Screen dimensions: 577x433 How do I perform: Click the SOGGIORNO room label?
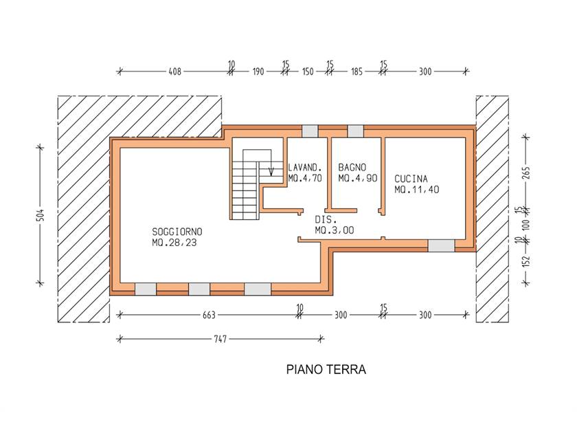tap(177, 232)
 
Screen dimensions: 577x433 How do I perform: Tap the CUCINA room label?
tap(411, 179)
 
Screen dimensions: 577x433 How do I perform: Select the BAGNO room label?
tap(352, 168)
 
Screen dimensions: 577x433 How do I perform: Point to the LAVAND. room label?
tap(302, 168)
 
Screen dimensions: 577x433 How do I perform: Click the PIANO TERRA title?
tap(326, 369)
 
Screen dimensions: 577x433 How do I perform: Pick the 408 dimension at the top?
tap(174, 71)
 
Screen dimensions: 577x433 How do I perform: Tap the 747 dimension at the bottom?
tap(220, 339)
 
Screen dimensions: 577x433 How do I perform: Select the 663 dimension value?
tap(209, 315)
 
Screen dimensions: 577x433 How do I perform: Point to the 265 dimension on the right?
tap(526, 173)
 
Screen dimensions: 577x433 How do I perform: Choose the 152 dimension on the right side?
tap(526, 261)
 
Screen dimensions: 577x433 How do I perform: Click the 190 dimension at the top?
tap(258, 71)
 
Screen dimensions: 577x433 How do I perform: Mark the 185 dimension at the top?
tap(357, 71)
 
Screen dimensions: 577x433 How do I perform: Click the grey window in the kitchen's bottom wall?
tap(441, 245)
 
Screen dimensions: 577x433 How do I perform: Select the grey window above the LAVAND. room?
tap(310, 131)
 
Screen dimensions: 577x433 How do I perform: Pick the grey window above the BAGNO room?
tap(356, 131)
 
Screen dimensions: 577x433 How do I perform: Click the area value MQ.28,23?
tap(174, 243)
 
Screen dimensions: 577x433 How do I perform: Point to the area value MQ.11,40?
tap(416, 190)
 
